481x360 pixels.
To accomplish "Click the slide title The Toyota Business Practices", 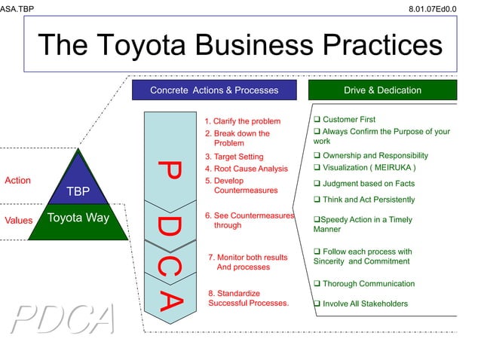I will [240, 44].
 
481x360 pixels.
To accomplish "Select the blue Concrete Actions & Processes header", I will [214, 90].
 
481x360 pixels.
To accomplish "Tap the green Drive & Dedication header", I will [382, 90].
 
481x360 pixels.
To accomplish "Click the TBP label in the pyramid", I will [78, 191].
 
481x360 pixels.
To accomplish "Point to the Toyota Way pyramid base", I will [78, 219].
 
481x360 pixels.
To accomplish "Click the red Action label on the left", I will [17, 181].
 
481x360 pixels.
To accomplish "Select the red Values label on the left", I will [19, 221].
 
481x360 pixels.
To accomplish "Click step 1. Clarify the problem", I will [242, 121].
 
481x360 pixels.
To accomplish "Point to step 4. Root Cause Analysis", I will [246, 169].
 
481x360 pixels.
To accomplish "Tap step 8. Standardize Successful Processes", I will [248, 298].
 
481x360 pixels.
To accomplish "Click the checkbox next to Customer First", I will [317, 120].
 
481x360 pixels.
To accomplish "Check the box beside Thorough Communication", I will [317, 284].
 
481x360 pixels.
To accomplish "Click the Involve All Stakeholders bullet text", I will [365, 304].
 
